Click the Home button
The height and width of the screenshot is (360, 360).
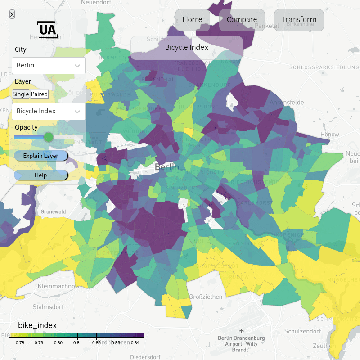(x=192, y=20)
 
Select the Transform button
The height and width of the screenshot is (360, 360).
(x=299, y=20)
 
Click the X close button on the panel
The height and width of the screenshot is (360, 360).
(x=12, y=14)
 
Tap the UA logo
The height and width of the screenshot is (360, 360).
(x=47, y=29)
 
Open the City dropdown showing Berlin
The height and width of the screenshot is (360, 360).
(x=49, y=65)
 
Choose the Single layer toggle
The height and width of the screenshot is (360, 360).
(x=21, y=94)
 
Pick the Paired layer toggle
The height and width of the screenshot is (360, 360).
(x=39, y=94)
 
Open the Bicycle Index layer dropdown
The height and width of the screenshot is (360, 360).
(x=49, y=111)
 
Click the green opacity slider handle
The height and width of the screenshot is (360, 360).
(x=48, y=137)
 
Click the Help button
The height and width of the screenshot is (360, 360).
(x=40, y=175)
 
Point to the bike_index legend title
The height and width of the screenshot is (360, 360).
(x=37, y=325)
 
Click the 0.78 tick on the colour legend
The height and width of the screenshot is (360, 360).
(x=20, y=343)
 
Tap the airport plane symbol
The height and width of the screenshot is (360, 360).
(x=242, y=331)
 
